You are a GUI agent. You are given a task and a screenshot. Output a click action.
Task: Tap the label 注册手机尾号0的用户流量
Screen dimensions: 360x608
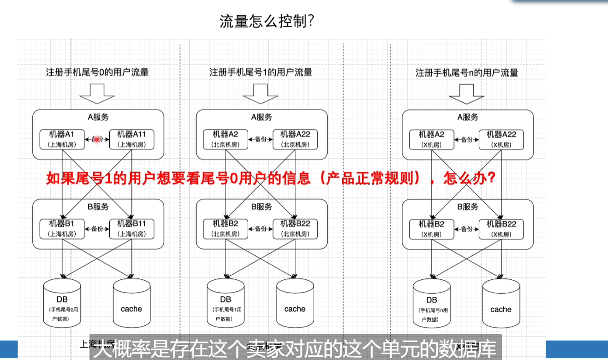pos(97,72)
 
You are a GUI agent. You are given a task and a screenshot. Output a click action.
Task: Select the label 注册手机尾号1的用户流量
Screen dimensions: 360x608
pos(261,72)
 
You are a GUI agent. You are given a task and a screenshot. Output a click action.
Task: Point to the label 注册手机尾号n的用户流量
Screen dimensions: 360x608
pos(467,73)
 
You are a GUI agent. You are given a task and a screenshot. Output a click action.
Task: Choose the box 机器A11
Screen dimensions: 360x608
pos(131,139)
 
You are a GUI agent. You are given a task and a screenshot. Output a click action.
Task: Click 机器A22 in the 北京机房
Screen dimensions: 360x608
pos(295,139)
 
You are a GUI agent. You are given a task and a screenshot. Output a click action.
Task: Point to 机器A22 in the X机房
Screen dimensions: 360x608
pos(501,139)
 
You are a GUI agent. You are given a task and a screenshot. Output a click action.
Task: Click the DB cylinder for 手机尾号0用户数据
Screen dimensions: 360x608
pos(62,302)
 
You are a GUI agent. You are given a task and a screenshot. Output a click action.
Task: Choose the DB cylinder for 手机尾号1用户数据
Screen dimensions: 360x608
pos(226,302)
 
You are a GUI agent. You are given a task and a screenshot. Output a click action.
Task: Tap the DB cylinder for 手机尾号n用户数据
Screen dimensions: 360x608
pos(432,302)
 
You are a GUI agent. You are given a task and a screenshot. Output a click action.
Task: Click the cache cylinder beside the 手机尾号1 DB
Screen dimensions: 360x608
pos(295,302)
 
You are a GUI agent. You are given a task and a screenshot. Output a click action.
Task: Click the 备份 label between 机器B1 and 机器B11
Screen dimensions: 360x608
pos(97,229)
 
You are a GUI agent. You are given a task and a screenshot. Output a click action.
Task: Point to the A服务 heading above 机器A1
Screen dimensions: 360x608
pos(98,117)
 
